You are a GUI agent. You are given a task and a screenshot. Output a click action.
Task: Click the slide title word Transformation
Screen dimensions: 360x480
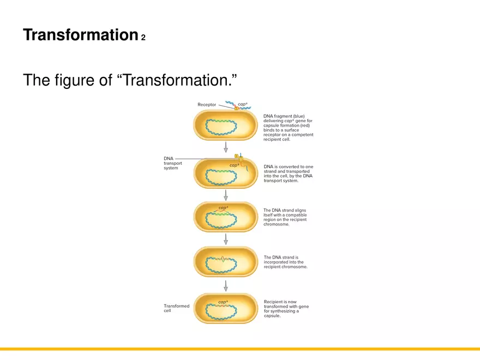tap(80, 35)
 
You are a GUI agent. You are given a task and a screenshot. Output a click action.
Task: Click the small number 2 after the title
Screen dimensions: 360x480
tap(143, 38)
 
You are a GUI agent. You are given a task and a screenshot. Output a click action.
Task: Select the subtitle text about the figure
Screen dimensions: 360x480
tap(130, 80)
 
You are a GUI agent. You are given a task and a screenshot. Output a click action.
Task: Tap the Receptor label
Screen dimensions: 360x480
tap(207, 104)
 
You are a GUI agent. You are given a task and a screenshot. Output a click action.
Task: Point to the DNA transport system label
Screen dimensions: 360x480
tap(172, 163)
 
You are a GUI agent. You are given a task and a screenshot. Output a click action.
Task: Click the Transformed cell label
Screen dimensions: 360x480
tap(176, 308)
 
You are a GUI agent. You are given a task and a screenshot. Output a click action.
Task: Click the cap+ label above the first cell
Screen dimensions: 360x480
tap(243, 104)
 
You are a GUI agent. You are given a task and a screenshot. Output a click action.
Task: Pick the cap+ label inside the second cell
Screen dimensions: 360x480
tap(234, 165)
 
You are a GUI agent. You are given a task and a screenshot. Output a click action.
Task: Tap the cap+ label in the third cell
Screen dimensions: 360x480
tap(223, 208)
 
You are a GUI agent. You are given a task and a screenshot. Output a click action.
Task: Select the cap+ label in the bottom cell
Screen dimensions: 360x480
tap(223, 302)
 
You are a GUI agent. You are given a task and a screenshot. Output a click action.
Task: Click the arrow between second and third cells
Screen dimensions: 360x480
tap(225, 195)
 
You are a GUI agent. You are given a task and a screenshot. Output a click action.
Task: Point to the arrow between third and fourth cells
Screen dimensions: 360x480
tap(225, 239)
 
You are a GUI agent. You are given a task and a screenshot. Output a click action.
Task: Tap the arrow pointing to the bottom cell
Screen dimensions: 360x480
tap(225, 285)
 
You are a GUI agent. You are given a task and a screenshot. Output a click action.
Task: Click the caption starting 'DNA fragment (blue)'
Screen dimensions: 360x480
tap(288, 128)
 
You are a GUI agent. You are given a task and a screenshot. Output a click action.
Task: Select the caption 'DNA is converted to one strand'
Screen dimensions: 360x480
tap(288, 173)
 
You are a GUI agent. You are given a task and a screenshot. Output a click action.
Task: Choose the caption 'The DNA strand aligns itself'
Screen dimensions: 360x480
tap(285, 217)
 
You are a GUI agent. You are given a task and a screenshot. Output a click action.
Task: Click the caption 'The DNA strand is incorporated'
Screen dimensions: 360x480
tap(285, 262)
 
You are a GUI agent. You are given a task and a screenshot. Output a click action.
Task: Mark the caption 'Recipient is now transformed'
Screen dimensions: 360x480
tap(286, 309)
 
